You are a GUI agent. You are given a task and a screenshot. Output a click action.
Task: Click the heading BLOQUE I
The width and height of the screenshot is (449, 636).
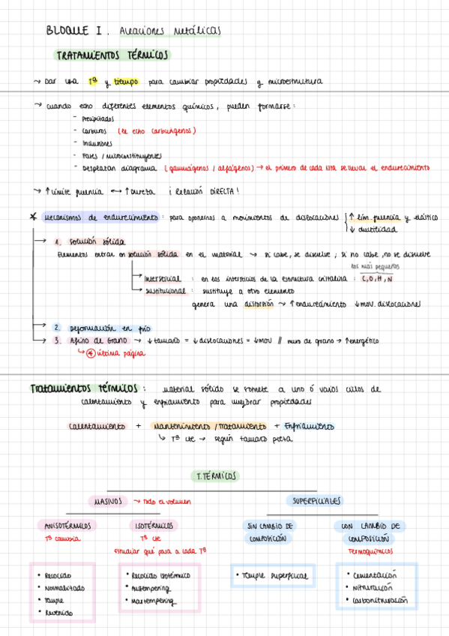[x=73, y=31]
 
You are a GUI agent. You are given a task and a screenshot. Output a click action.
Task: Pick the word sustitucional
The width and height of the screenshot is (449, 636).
[x=163, y=290]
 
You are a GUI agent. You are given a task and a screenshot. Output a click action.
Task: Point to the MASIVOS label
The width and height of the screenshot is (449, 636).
[x=110, y=500]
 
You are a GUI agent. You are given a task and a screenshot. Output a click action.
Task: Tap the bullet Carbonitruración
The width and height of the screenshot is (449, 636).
[x=379, y=601]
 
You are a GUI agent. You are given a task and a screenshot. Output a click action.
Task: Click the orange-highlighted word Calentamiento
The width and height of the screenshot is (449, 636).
[x=97, y=426]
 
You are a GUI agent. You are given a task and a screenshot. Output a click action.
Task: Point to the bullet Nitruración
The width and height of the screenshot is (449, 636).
[x=372, y=588]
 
